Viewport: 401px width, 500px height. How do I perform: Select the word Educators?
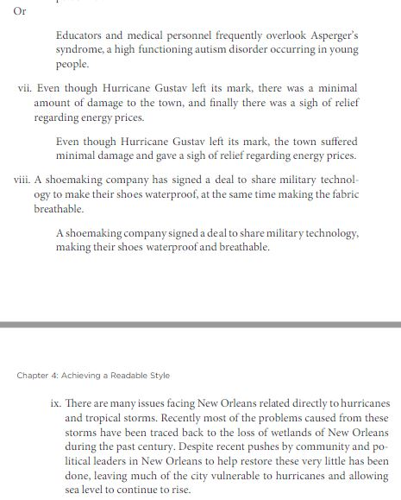81,35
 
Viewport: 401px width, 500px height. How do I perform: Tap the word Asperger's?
330,35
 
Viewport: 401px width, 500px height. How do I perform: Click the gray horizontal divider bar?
200,324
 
